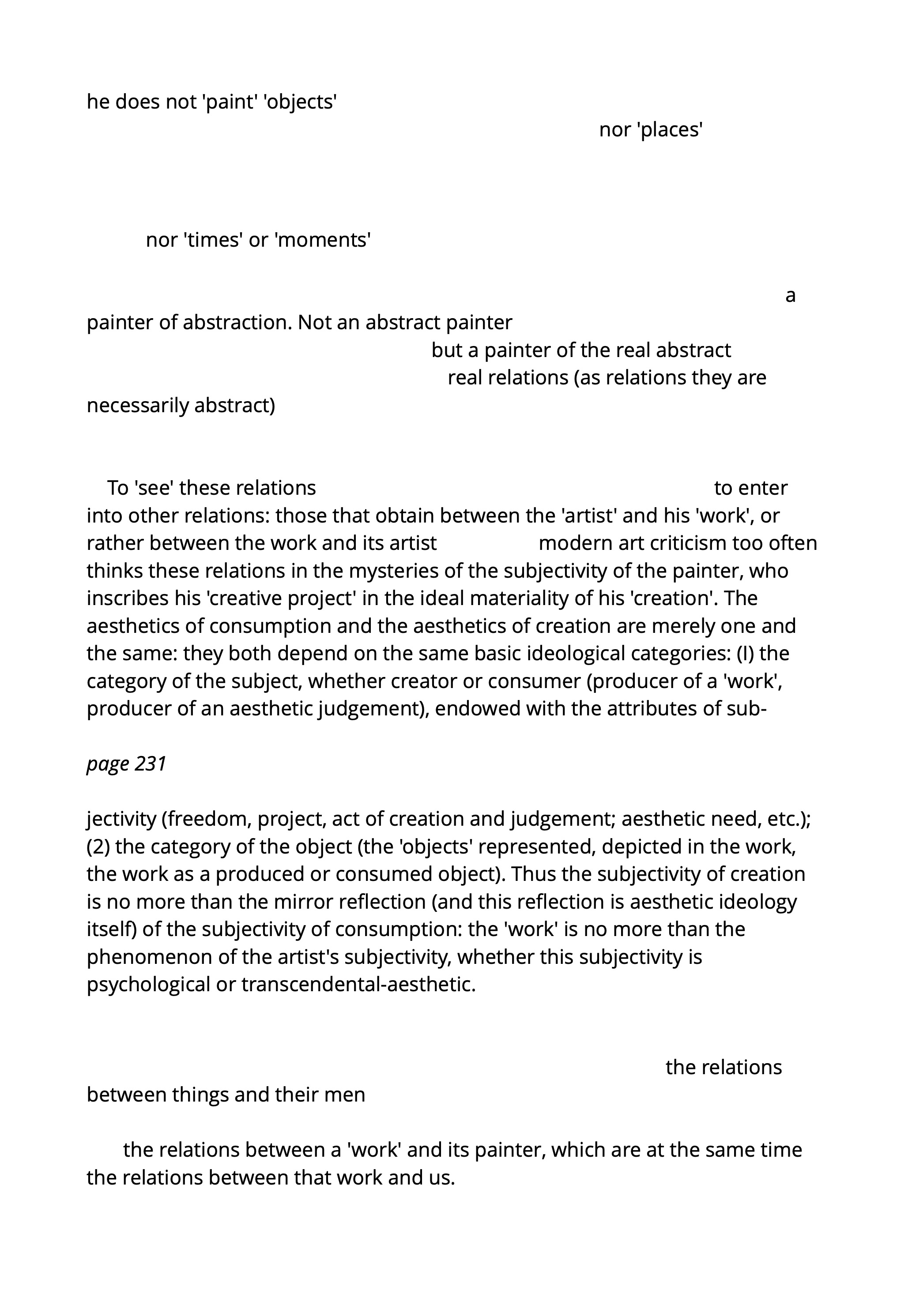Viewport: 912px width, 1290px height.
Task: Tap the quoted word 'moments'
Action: click(323, 240)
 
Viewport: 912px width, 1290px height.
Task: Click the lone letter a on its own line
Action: click(790, 295)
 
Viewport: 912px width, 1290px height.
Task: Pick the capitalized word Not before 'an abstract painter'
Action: click(315, 323)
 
